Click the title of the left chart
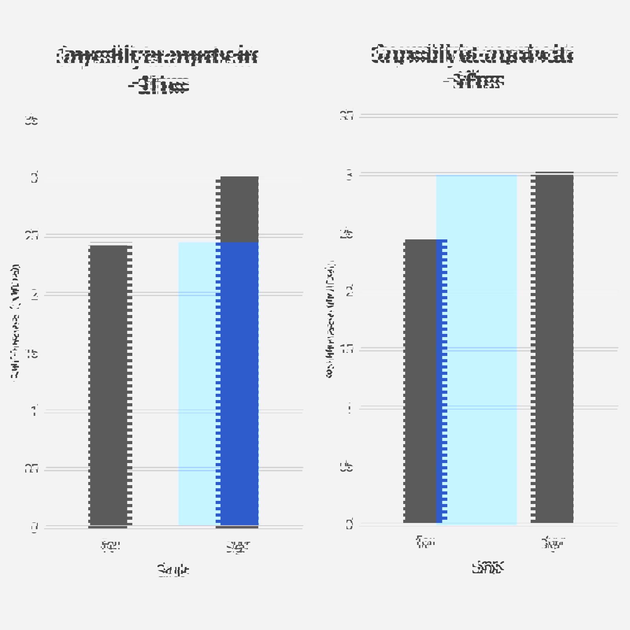click(x=157, y=70)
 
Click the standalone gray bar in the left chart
click(x=110, y=386)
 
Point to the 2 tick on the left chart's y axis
click(x=34, y=295)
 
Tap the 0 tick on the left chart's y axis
click(x=34, y=528)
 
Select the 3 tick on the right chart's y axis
click(x=349, y=174)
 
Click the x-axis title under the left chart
click(x=173, y=570)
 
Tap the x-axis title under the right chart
click(x=488, y=567)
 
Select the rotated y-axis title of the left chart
click(x=15, y=323)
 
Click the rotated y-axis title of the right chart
click(x=330, y=319)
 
